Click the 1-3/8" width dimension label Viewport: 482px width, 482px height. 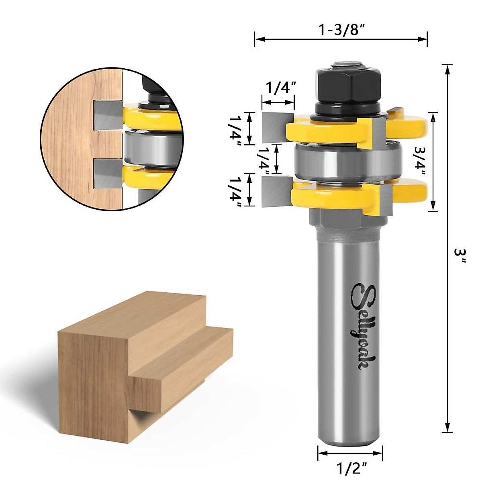[x=341, y=30]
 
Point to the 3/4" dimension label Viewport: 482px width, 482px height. [x=421, y=161]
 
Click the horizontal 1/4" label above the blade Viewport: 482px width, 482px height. [x=280, y=87]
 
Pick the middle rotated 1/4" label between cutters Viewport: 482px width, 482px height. [x=264, y=159]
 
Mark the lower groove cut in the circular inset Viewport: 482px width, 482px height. [x=107, y=174]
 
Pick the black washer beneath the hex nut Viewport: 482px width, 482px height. [x=347, y=109]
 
